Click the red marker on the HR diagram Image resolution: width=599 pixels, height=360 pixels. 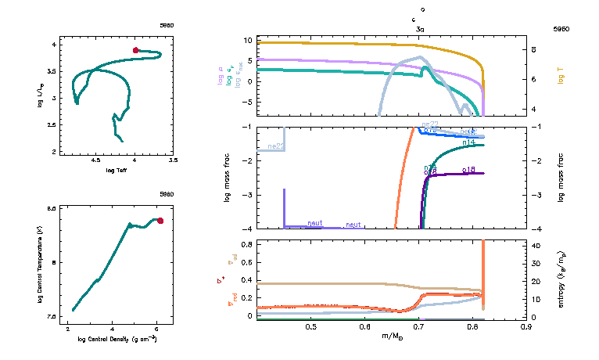pos(135,50)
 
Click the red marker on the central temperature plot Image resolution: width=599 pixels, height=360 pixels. pos(160,221)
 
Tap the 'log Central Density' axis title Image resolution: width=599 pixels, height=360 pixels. pos(117,340)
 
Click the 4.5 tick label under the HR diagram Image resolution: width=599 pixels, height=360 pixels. pos(96,160)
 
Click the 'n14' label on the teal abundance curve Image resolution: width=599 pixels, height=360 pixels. pos(469,142)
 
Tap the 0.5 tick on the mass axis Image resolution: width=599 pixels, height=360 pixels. pos(310,326)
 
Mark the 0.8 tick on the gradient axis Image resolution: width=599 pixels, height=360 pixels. pos(246,245)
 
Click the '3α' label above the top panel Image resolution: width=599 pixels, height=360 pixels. pos(421,28)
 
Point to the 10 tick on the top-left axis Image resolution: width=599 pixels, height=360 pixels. pos(246,40)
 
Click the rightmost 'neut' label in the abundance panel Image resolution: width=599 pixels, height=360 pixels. pos(353,225)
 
